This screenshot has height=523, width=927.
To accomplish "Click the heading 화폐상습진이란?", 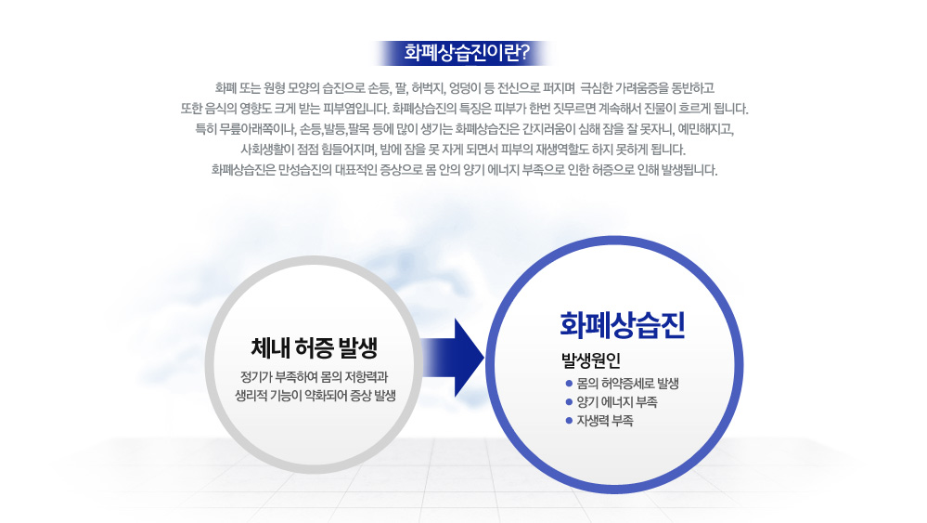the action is [x=467, y=53].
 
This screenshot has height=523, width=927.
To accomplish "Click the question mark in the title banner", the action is [x=523, y=53].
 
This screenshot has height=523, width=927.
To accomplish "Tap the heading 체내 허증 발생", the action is [x=314, y=347].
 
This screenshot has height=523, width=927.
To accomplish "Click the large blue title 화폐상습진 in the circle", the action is [x=622, y=325].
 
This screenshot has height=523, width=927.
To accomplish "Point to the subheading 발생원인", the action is [x=590, y=360].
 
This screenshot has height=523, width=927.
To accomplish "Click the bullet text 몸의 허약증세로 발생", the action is [x=628, y=384].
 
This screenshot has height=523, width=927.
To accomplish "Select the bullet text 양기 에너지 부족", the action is [x=617, y=402].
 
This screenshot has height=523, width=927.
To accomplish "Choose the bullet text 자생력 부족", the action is [x=605, y=421].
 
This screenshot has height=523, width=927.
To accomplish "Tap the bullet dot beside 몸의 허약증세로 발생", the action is [x=569, y=384].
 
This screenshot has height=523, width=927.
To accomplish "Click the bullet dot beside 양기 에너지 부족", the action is [x=569, y=402].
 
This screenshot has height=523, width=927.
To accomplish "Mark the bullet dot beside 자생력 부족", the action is [x=569, y=421].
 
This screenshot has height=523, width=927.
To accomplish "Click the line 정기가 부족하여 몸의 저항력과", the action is [x=314, y=377].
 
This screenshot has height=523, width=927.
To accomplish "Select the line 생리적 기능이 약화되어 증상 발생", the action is [x=315, y=395].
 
